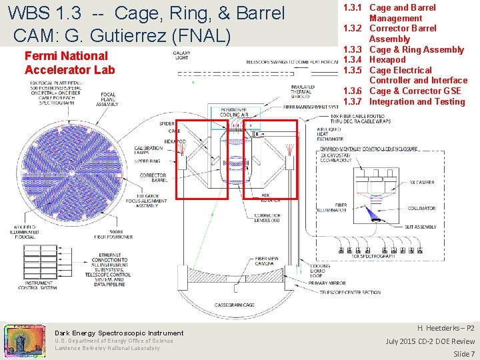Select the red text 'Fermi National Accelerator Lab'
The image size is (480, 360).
pyautogui.click(x=69, y=63)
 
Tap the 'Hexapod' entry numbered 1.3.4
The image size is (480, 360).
pyautogui.click(x=387, y=59)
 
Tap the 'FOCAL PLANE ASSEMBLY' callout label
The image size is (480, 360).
pyautogui.click(x=107, y=100)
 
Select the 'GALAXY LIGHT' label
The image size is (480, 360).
pyautogui.click(x=181, y=55)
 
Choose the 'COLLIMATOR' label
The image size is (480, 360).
pyautogui.click(x=421, y=208)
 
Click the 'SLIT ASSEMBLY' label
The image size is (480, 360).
pyautogui.click(x=420, y=227)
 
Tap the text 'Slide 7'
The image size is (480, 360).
pyautogui.click(x=463, y=353)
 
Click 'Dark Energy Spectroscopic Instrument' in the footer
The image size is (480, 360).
pyautogui.click(x=119, y=333)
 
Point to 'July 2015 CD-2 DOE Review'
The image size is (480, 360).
pyautogui.click(x=430, y=341)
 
